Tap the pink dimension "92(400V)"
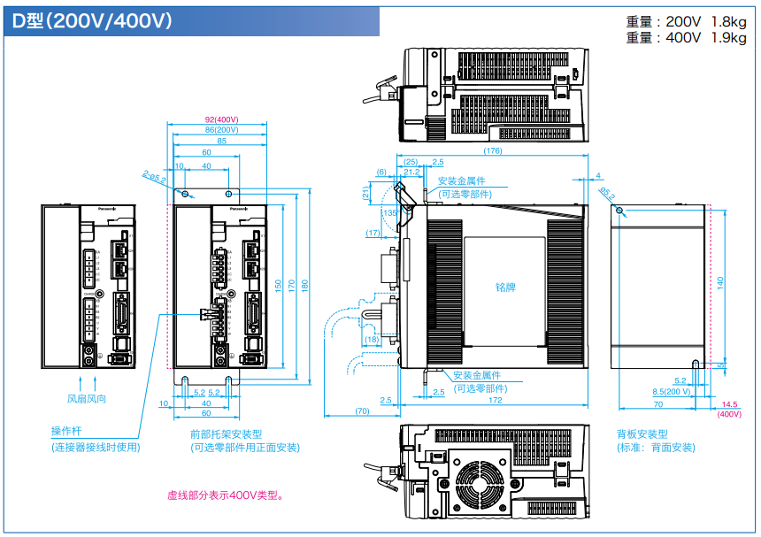click(x=222, y=119)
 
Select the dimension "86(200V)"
click(x=221, y=130)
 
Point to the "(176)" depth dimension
click(x=493, y=151)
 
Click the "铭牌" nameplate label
click(x=505, y=288)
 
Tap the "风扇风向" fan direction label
click(x=87, y=400)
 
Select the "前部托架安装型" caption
click(x=227, y=434)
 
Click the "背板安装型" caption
click(x=642, y=434)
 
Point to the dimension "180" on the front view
click(x=306, y=285)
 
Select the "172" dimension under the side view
click(x=495, y=401)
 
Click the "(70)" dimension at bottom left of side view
click(x=363, y=411)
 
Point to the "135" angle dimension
click(x=390, y=213)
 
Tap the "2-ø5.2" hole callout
click(x=154, y=180)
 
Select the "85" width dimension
click(x=221, y=141)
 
